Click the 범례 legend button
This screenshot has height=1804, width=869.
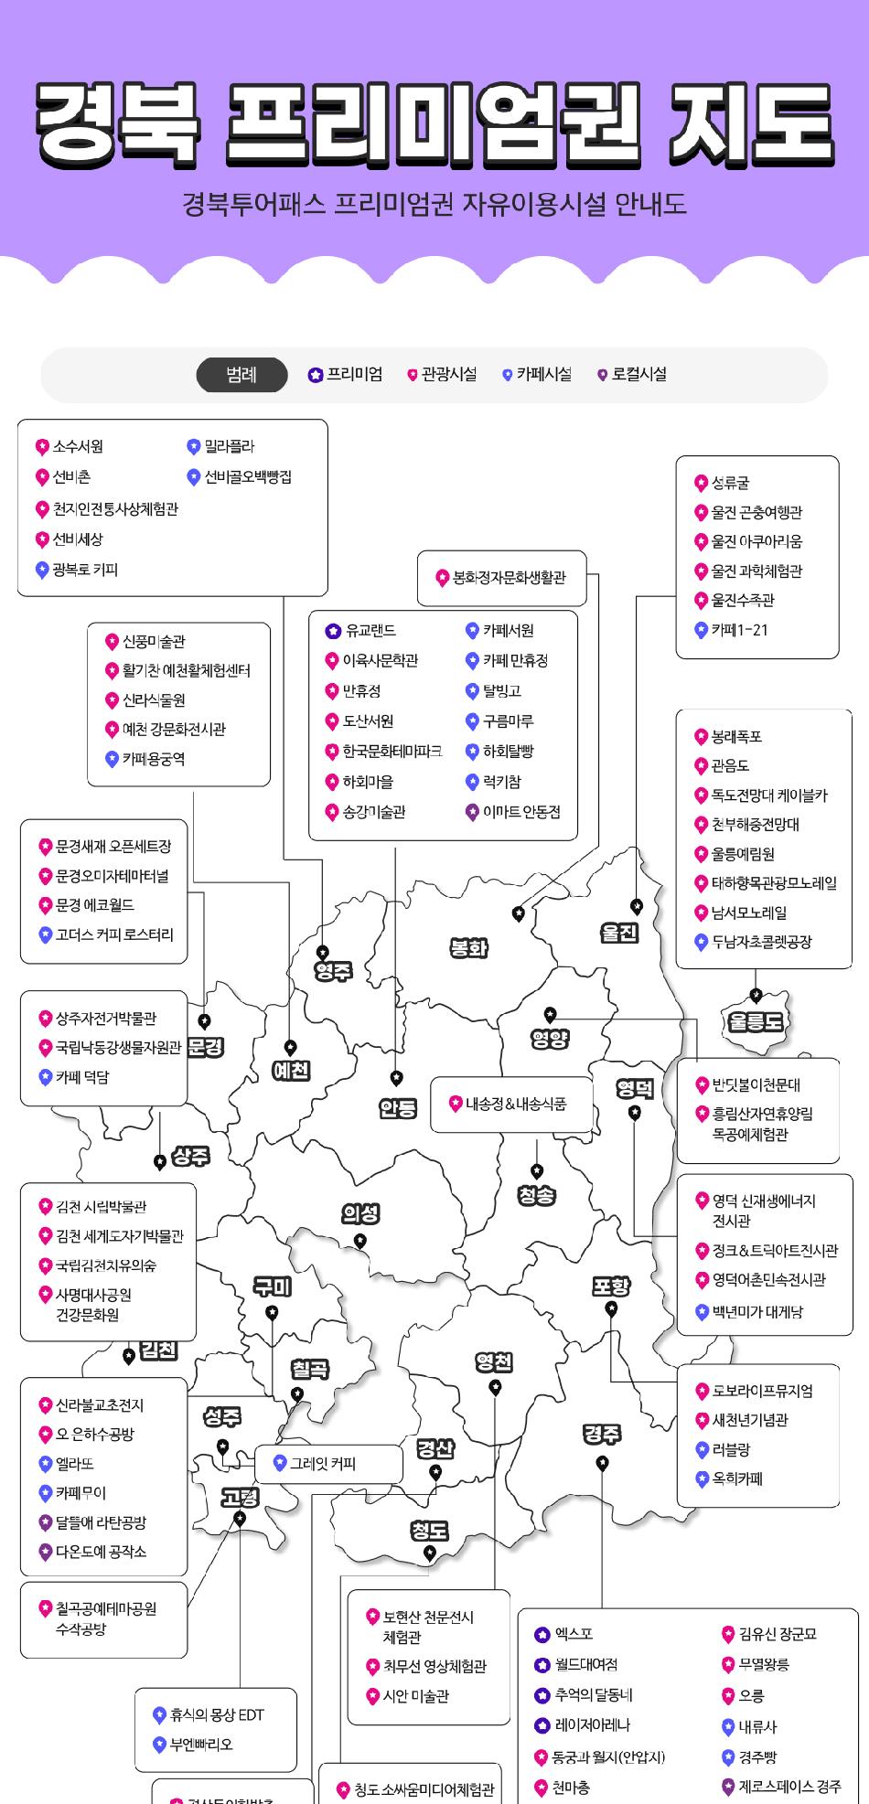click(241, 375)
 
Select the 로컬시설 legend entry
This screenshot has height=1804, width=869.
click(631, 374)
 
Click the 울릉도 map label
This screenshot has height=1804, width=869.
click(756, 1021)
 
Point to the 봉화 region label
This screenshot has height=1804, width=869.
click(468, 948)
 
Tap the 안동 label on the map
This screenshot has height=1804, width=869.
click(397, 1108)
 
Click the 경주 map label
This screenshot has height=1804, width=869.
click(602, 1434)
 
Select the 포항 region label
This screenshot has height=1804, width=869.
click(610, 1286)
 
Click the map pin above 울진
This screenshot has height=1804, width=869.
click(637, 906)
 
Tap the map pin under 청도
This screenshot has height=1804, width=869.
click(430, 1553)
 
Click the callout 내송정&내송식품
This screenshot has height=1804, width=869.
click(508, 1104)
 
